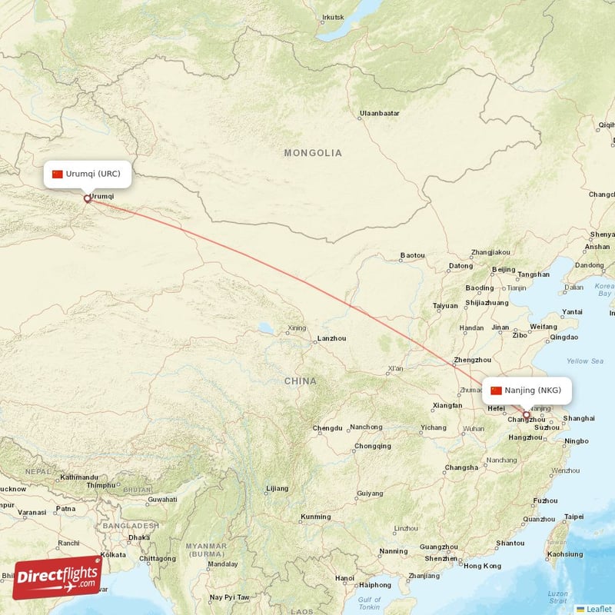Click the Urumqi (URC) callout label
[x=86, y=174]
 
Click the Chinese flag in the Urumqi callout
[x=58, y=174]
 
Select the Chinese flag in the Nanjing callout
[x=496, y=391]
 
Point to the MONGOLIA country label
[x=313, y=153]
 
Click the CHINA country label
[x=300, y=381]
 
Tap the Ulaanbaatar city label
[x=380, y=114]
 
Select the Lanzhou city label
[x=331, y=338]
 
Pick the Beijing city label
[x=504, y=269]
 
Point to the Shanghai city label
[x=579, y=418]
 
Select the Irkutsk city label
[x=334, y=17]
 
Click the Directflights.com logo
[x=57, y=577]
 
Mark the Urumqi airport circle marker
[x=87, y=199]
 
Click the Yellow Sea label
[x=584, y=361]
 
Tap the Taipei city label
[x=574, y=517]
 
